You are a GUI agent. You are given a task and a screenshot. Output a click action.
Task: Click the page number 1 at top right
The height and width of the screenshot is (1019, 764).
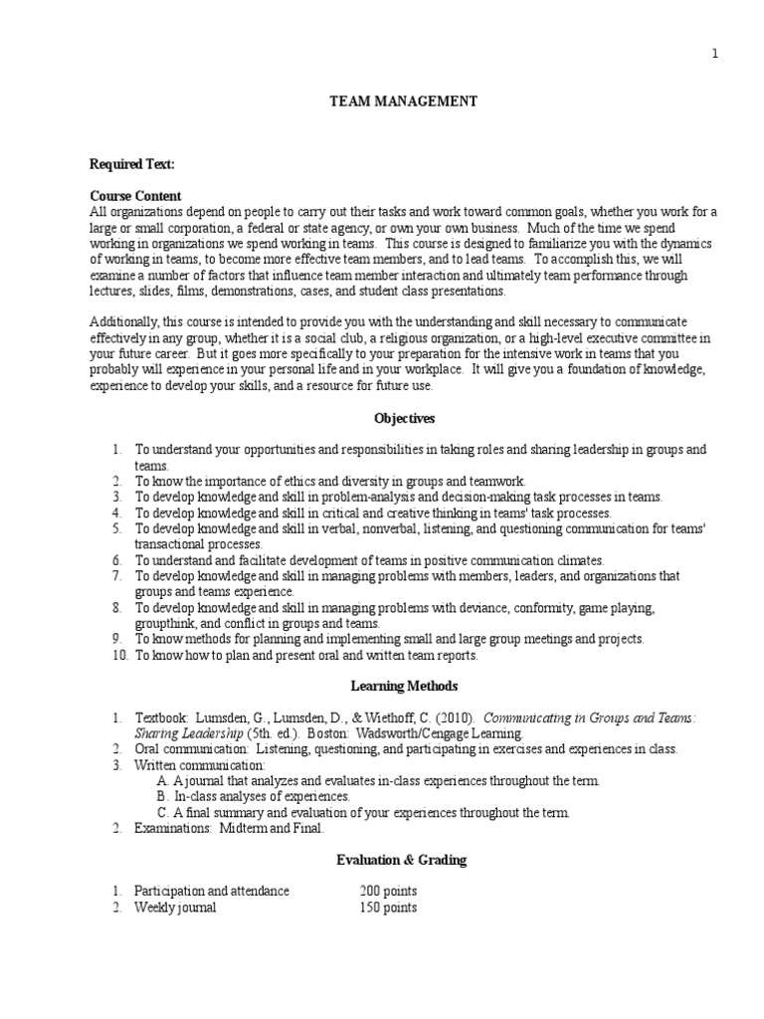click(714, 54)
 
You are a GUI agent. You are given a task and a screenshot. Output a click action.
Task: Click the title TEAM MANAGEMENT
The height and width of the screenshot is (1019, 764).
click(390, 102)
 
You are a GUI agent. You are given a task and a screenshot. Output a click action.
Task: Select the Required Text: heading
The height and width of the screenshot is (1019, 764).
click(132, 164)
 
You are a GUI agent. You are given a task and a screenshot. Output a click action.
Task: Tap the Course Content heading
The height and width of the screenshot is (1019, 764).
click(135, 196)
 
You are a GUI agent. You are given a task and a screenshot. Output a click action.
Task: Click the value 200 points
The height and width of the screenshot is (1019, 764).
click(388, 891)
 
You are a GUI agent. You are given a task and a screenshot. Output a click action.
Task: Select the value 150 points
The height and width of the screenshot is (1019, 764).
click(388, 908)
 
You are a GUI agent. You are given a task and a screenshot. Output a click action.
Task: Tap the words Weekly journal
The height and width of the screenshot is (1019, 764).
click(175, 908)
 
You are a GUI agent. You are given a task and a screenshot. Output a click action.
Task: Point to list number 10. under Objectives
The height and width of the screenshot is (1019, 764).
click(119, 656)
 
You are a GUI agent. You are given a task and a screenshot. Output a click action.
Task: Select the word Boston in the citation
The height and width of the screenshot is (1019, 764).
click(327, 732)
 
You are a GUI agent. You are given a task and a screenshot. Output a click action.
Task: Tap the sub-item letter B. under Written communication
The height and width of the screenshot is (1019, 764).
click(164, 796)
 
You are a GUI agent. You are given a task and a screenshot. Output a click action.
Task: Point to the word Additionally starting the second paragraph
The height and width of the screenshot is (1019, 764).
click(124, 322)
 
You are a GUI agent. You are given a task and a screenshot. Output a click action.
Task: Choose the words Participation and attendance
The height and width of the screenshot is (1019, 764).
click(212, 891)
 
